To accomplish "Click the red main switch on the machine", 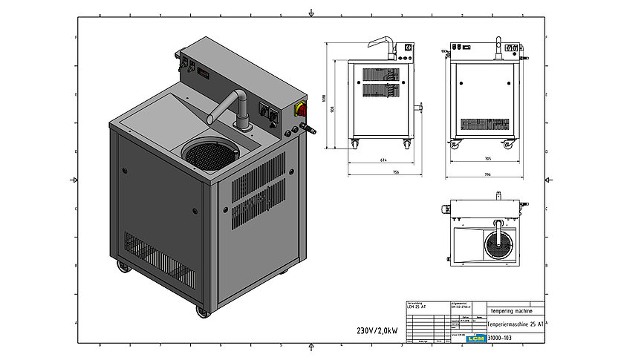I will [302, 110].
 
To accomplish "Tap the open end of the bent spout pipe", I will [210, 118].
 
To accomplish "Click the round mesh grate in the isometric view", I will [209, 154].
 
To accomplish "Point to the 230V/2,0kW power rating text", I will [377, 330].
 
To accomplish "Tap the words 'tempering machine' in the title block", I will [513, 310].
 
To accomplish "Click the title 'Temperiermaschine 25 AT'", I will [516, 324].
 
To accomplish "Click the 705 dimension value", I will [487, 160].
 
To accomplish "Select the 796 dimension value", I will [487, 175].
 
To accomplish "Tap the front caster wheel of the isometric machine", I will [203, 312].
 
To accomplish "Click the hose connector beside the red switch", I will [310, 131].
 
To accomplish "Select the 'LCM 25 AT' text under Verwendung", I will [416, 307].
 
